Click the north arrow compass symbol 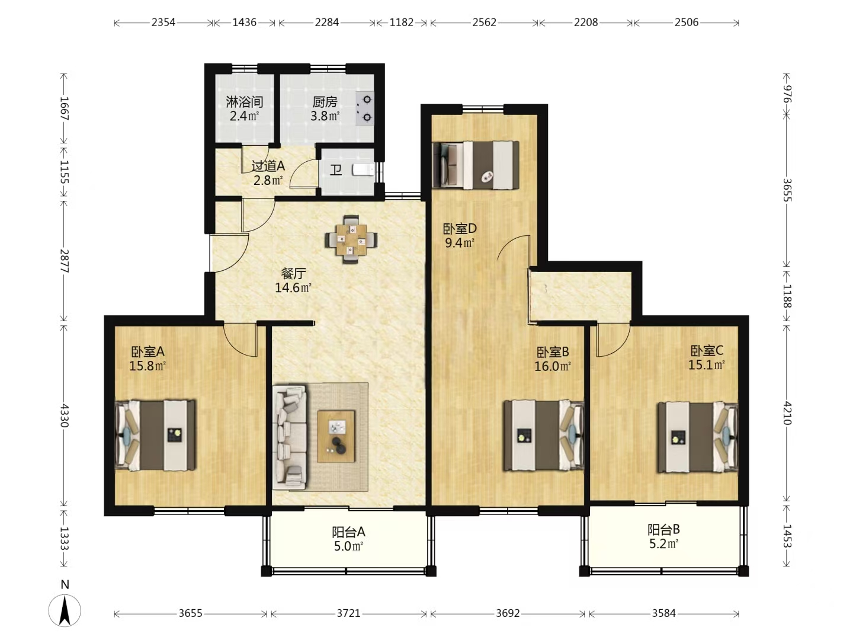65,610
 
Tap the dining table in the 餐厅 351,239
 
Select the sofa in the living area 290,437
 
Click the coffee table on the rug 336,436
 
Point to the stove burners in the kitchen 365,108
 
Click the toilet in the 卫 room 363,170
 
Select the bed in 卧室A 155,435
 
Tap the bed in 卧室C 698,437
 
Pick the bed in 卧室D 476,165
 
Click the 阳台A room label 348,532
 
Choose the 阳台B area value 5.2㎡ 664,543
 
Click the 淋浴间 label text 245,102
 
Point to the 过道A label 268,167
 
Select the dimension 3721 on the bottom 348,613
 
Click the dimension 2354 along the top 163,23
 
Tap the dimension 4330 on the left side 65,415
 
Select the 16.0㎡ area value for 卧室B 552,366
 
